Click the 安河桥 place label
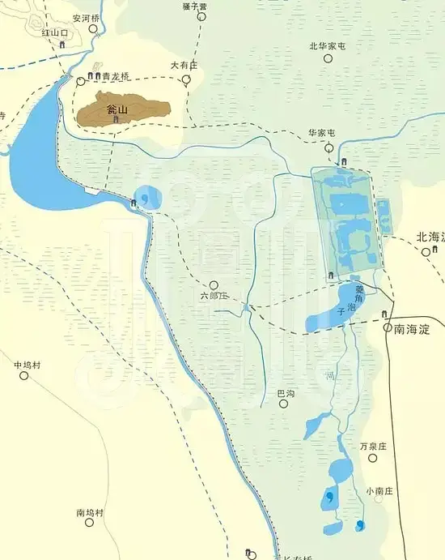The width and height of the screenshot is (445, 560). pyautogui.click(x=87, y=17)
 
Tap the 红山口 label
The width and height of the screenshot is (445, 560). pyautogui.click(x=57, y=32)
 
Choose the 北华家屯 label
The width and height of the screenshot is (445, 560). pyautogui.click(x=327, y=46)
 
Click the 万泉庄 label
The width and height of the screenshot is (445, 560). pyautogui.click(x=374, y=446)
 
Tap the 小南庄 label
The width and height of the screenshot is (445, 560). pyautogui.click(x=379, y=490)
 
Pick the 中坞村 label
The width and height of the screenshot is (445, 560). pyautogui.click(x=27, y=365)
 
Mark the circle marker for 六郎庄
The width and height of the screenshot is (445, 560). pyautogui.click(x=214, y=285)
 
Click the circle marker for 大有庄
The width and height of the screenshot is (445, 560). pyautogui.click(x=186, y=79)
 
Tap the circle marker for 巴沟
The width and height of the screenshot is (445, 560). pyautogui.click(x=283, y=403)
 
